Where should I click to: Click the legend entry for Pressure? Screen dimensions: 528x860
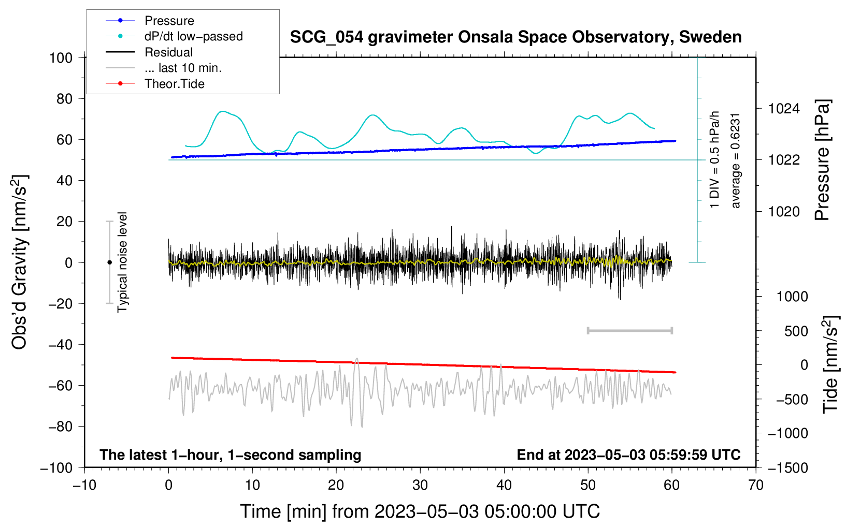[169, 21]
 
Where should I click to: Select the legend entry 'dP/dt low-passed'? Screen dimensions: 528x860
[193, 36]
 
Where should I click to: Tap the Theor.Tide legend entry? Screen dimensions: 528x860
[174, 84]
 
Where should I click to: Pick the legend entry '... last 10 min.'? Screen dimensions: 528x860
[183, 68]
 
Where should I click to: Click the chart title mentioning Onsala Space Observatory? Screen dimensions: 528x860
[515, 37]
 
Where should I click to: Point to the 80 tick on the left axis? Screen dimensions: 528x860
[64, 98]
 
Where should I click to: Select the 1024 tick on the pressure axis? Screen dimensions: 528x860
[784, 109]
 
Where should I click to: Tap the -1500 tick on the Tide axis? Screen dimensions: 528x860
[788, 467]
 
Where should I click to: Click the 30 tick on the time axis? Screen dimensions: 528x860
[420, 485]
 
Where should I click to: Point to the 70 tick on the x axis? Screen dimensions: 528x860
[756, 485]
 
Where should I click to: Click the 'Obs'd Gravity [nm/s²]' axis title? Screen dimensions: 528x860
[20, 262]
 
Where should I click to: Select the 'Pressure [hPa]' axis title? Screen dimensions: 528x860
[822, 160]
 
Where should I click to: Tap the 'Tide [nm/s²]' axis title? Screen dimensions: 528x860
[830, 364]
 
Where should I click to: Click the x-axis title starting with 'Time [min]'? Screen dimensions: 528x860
[420, 511]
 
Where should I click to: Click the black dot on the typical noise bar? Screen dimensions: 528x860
[109, 262]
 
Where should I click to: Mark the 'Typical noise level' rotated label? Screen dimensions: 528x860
[122, 262]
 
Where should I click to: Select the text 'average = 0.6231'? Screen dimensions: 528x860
[736, 160]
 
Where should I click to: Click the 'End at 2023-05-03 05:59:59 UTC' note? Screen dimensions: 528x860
[628, 455]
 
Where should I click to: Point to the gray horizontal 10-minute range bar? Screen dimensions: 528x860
[629, 331]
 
